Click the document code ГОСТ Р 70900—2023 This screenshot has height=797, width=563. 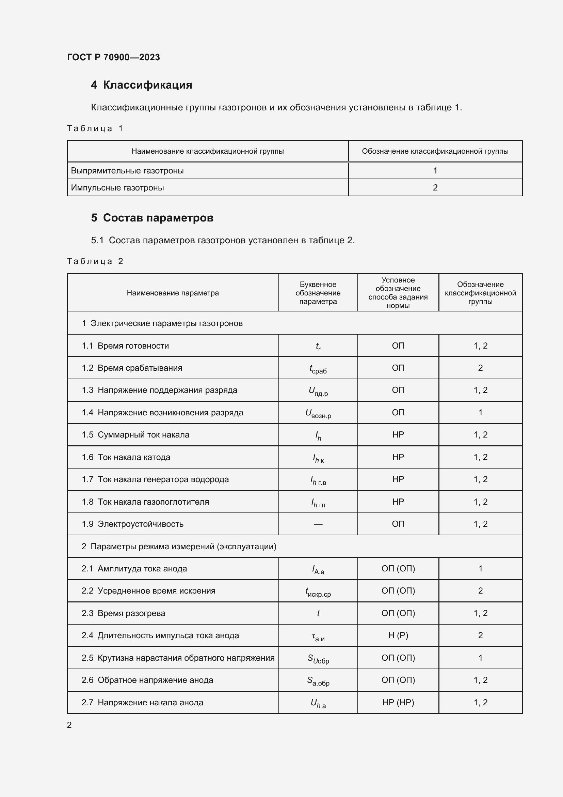(x=113, y=57)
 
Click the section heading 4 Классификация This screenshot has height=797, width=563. (x=142, y=85)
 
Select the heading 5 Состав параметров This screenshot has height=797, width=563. (x=152, y=218)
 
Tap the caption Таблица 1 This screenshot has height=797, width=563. (x=95, y=128)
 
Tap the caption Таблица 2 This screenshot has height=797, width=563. (x=95, y=261)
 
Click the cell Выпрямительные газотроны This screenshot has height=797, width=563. (x=127, y=171)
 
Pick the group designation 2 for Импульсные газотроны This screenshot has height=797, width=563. (x=435, y=188)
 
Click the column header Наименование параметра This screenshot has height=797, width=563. (x=173, y=293)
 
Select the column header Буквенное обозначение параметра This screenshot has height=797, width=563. (x=318, y=293)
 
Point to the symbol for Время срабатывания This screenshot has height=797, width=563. (x=318, y=369)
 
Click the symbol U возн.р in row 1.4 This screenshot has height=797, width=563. (x=318, y=413)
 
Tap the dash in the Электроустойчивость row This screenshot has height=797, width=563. (x=318, y=524)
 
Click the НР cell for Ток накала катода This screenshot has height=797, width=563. (x=398, y=457)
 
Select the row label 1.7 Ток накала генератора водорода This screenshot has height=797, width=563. (x=155, y=479)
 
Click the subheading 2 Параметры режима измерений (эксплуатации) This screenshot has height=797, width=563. (x=179, y=546)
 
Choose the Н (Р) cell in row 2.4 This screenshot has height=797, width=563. (x=398, y=635)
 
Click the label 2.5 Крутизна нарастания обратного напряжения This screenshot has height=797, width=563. (x=178, y=658)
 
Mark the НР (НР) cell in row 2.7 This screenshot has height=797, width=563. (x=398, y=703)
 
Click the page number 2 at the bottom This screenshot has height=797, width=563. (x=69, y=725)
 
